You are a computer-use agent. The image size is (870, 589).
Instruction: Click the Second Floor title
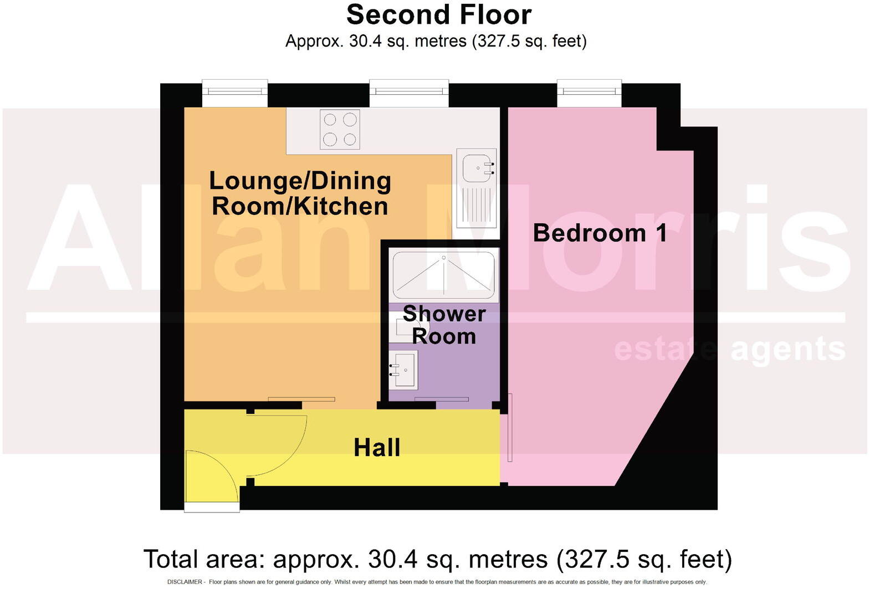[438, 15]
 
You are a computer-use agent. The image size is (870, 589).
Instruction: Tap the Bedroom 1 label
[600, 233]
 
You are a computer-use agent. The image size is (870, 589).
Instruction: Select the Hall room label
[377, 448]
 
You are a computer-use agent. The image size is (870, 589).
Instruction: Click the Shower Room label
[444, 325]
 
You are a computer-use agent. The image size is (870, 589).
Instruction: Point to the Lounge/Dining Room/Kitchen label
[300, 193]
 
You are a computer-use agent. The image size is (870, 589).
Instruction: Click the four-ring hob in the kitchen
[340, 129]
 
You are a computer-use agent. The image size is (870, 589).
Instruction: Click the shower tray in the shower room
[443, 275]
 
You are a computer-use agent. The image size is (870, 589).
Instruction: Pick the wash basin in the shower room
[403, 369]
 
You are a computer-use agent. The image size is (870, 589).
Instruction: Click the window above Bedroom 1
[589, 93]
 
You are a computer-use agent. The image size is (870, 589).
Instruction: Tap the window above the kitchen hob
[409, 93]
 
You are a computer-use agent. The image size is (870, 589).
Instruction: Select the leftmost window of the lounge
[234, 93]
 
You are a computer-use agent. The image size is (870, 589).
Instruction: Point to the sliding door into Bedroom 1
[510, 427]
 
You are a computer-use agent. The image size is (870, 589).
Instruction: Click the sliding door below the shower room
[442, 399]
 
